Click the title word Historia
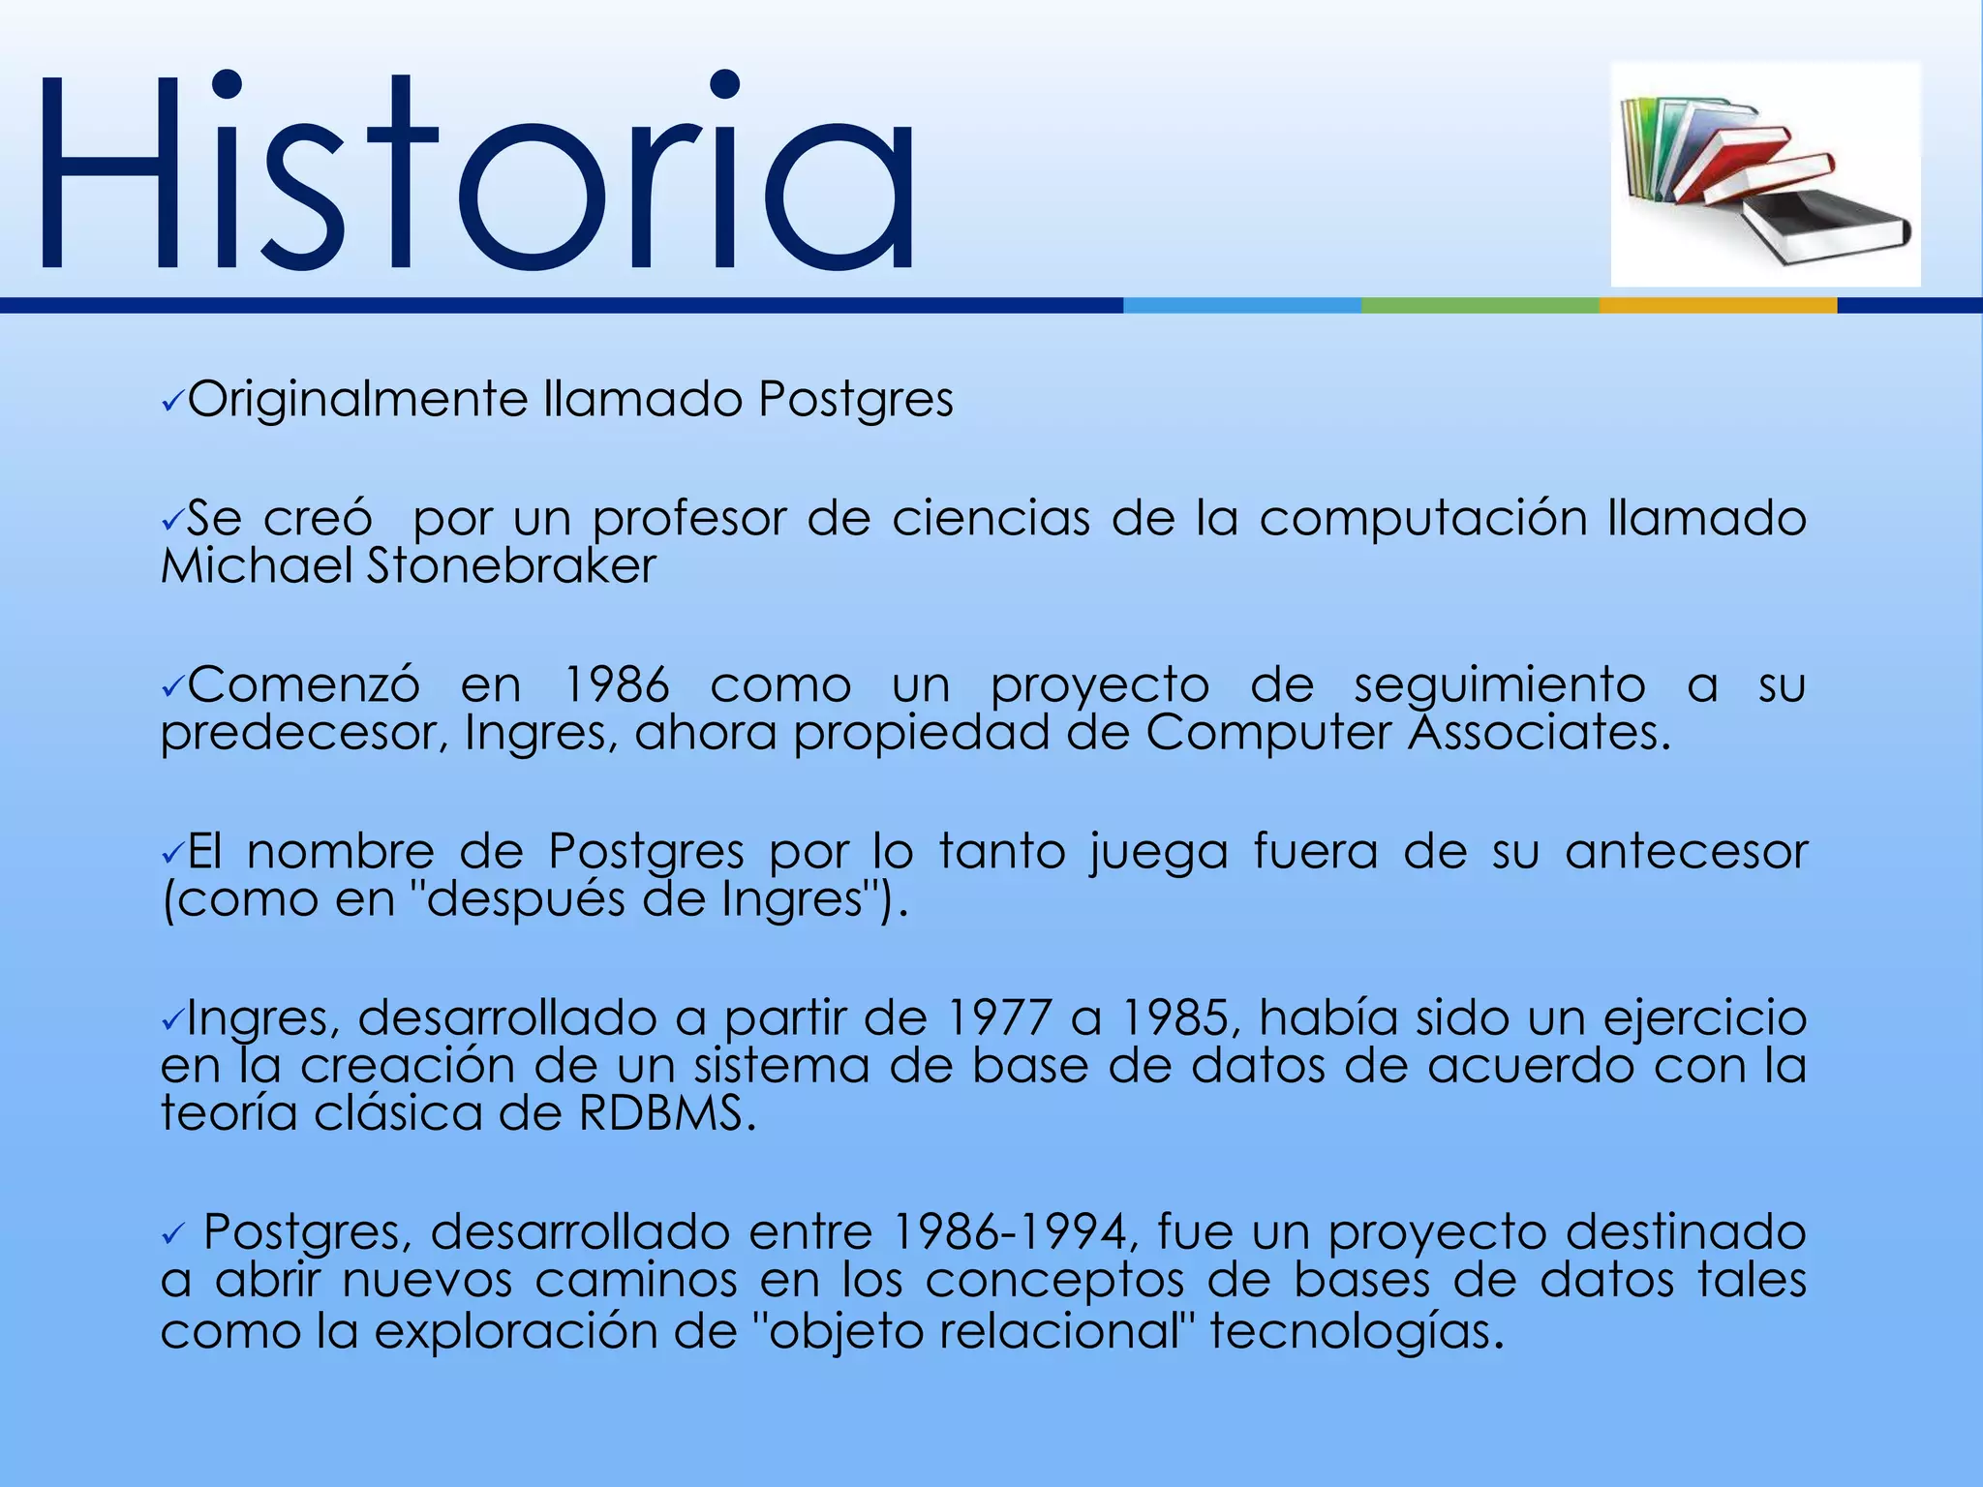[474, 174]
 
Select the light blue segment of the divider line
[1241, 305]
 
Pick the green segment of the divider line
[1480, 305]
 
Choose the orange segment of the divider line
[1717, 305]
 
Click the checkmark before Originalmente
[172, 402]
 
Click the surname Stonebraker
[510, 566]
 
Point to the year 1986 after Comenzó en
[616, 685]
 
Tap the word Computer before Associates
[1267, 733]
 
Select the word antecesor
[1686, 852]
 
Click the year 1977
[998, 1018]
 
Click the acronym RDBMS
[665, 1113]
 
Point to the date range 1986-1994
[1010, 1233]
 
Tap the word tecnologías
[1356, 1331]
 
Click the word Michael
[257, 566]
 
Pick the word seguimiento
[1499, 685]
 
